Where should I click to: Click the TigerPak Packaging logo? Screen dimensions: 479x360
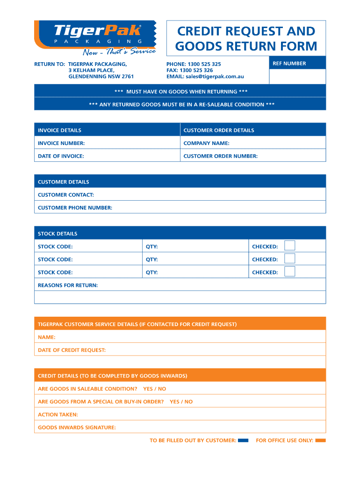click(95, 37)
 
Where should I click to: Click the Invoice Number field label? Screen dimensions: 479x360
click(61, 143)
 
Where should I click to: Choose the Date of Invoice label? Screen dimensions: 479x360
click(61, 156)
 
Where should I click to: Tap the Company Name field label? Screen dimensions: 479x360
click(206, 143)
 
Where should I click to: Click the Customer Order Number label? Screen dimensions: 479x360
click(220, 156)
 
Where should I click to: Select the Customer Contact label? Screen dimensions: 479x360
click(66, 195)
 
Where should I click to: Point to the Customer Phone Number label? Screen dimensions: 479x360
click(75, 208)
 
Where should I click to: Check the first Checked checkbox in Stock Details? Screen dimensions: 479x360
click(290, 246)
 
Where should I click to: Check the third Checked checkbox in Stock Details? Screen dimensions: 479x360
click(290, 272)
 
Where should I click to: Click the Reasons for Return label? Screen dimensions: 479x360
click(68, 285)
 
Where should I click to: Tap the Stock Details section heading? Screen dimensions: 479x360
click(58, 233)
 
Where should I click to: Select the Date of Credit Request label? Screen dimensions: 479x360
click(72, 350)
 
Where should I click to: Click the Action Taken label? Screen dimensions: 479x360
click(58, 414)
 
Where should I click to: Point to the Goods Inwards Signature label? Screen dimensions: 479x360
click(77, 427)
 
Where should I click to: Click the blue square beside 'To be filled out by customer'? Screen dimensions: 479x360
click(243, 440)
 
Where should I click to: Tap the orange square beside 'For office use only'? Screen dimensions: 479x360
click(321, 440)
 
